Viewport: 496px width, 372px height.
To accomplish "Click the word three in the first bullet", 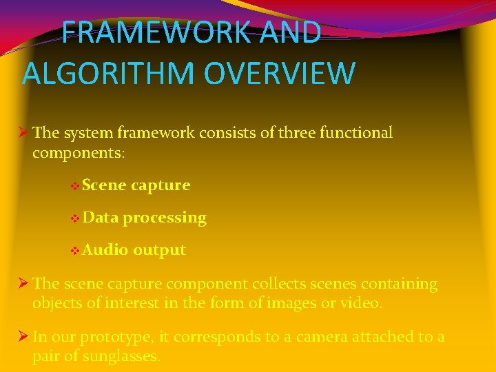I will point(298,132).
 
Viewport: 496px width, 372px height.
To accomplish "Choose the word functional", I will point(358,132).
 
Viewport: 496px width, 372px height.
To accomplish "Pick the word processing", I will point(165,218).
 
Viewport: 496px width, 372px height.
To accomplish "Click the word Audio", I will point(105,249).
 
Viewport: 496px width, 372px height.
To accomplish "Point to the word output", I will point(159,250).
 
